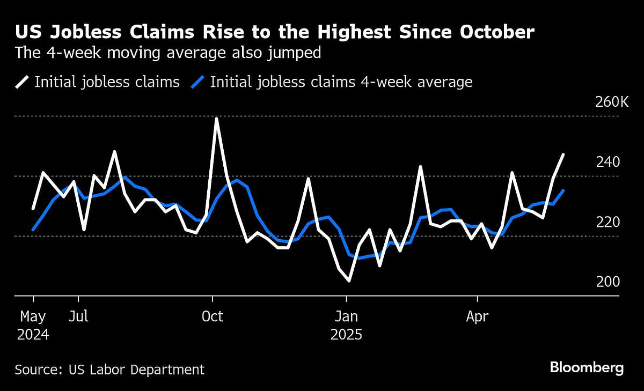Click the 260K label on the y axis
pos(611,102)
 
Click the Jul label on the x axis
pos(78,316)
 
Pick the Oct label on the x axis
pos(213,316)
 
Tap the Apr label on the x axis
pos(477,316)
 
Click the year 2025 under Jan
pos(346,335)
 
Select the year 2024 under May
pos(33,335)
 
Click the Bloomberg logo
pos(587,368)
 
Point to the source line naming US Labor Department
pos(109,370)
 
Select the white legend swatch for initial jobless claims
pos(22,82)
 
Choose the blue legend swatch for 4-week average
pos(198,82)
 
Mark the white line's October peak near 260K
pos(216,119)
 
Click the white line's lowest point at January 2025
pos(349,281)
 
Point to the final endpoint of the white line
pos(563,154)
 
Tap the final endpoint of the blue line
pos(563,190)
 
